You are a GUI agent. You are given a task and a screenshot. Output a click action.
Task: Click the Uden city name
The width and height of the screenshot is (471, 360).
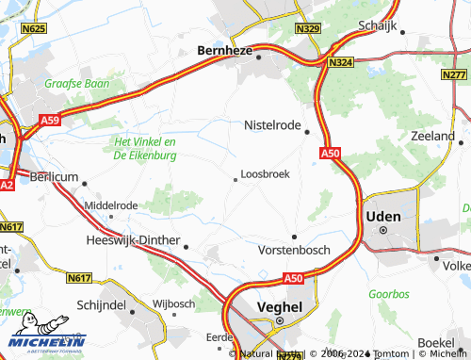382,216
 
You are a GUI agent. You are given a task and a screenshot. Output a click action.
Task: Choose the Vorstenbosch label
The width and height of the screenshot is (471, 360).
294,252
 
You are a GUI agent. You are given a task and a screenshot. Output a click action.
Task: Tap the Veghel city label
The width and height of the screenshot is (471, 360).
280,306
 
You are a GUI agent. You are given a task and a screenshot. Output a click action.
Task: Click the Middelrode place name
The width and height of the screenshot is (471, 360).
110,205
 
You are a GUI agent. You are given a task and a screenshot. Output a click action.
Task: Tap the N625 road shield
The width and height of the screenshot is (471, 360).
34,29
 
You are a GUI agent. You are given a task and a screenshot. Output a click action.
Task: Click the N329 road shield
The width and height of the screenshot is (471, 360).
308,30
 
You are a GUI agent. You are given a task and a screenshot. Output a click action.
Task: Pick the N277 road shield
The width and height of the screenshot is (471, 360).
454,74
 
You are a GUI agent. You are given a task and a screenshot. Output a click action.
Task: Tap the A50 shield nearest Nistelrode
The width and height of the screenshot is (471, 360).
329,153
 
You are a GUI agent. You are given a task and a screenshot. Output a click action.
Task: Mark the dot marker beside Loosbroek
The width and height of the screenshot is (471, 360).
235,179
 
